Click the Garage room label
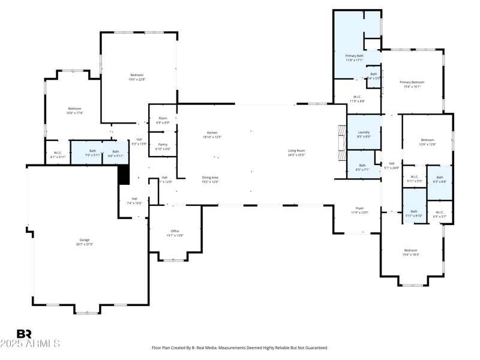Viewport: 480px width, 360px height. [85, 240]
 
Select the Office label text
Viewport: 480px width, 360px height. [175, 231]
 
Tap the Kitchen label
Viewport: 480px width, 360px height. [212, 133]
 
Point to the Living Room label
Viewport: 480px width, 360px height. [296, 151]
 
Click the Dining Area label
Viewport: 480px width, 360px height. [210, 178]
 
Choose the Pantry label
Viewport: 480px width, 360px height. [163, 145]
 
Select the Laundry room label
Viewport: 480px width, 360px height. [364, 132]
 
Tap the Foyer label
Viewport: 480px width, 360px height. [359, 208]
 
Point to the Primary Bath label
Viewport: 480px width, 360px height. [354, 56]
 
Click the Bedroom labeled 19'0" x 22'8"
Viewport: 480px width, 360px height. [137, 75]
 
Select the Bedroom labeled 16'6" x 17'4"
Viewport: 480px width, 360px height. [74, 109]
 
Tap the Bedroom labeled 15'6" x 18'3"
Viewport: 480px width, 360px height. [410, 250]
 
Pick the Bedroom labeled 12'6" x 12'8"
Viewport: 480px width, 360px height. [427, 139]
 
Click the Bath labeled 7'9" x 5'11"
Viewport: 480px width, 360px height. [92, 151]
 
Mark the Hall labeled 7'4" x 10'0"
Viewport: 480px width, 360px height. [134, 199]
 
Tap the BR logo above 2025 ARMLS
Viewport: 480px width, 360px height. [24, 334]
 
